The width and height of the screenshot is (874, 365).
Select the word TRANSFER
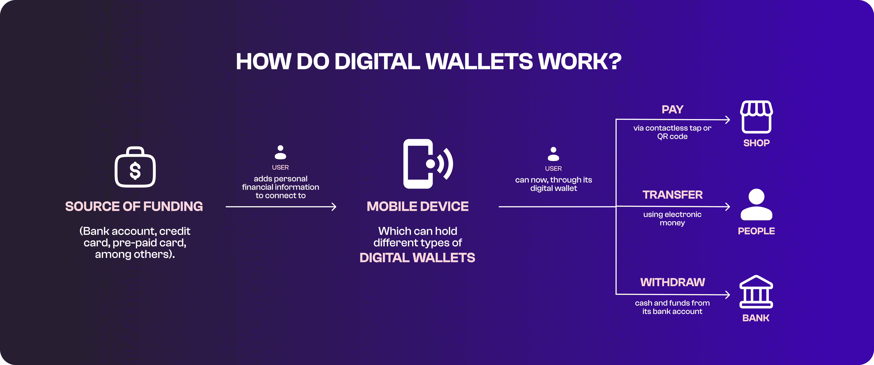point(672,195)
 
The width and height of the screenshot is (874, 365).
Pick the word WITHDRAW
point(672,282)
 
